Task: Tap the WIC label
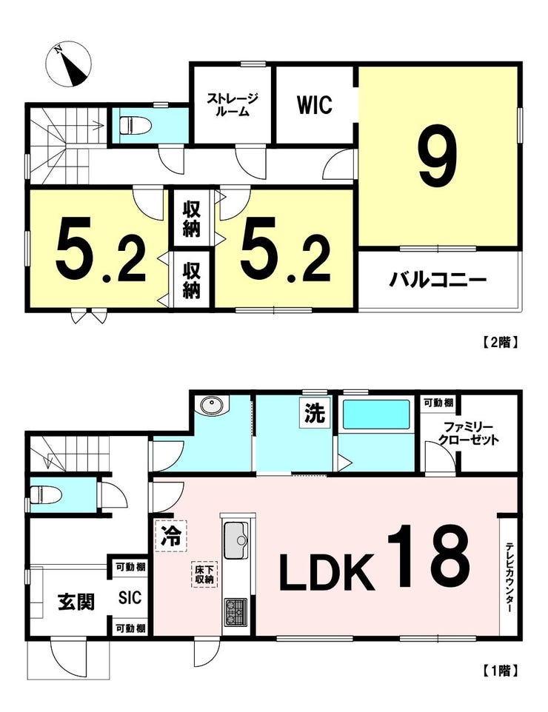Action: [315, 105]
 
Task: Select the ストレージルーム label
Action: [233, 104]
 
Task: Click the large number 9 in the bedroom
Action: [438, 155]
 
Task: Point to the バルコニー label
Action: [438, 280]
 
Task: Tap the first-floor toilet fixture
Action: [42, 495]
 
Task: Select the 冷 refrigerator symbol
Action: [171, 536]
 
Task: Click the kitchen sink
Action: [236, 540]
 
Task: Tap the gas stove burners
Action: [235, 611]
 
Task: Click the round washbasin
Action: [210, 406]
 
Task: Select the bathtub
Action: [376, 414]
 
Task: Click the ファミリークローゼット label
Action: [468, 434]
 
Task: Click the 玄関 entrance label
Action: [76, 602]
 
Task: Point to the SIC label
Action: [130, 597]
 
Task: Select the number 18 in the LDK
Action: [428, 557]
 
